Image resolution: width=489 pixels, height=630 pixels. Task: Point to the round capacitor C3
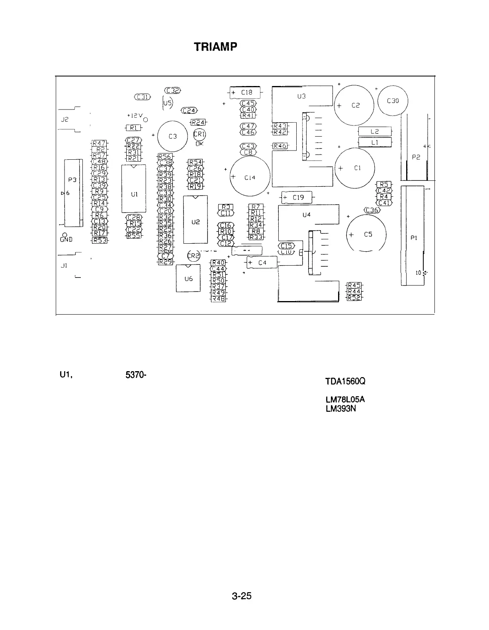(x=172, y=136)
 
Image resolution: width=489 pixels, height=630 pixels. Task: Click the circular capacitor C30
(x=393, y=101)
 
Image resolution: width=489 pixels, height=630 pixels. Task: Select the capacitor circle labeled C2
(x=354, y=105)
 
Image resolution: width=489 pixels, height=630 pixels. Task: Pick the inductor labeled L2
(x=375, y=131)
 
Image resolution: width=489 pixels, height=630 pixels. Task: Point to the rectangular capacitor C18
(x=245, y=92)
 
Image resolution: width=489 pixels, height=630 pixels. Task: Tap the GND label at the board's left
(x=64, y=240)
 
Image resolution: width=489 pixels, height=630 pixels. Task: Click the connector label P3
(x=72, y=180)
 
